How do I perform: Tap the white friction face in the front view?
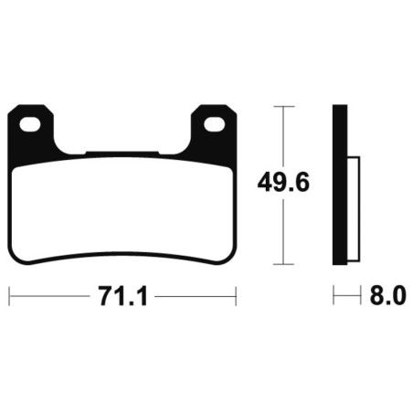[x=122, y=206]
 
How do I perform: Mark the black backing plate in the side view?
[x=339, y=183]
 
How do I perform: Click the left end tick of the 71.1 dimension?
[x=9, y=295]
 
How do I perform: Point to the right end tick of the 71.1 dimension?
[x=237, y=295]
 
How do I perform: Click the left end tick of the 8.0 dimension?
[x=334, y=295]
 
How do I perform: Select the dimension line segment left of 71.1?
[x=50, y=295]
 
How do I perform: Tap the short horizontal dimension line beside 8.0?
[x=344, y=295]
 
